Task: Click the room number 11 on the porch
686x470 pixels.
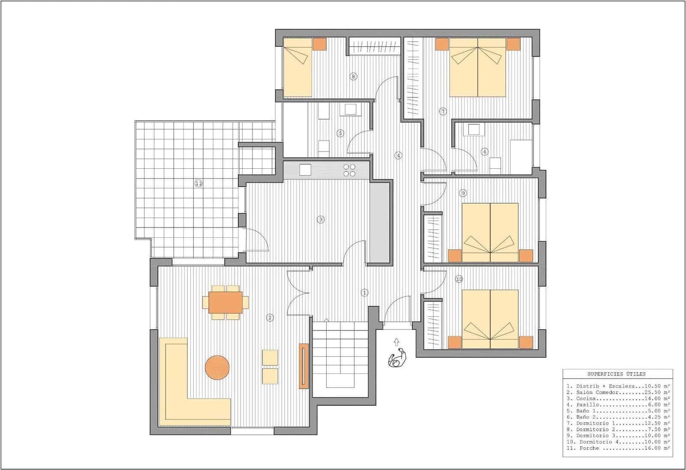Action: (199, 183)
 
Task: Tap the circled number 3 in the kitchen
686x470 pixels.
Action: (321, 219)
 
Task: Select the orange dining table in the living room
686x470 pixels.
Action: (226, 303)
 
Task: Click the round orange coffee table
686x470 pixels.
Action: (217, 367)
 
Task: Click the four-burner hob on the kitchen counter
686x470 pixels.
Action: (349, 170)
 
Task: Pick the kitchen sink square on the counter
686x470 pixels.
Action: (305, 170)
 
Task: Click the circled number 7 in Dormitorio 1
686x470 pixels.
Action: (443, 112)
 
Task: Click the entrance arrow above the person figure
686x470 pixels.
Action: (396, 342)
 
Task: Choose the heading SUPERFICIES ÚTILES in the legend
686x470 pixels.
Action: (617, 374)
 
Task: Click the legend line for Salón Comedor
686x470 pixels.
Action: (618, 392)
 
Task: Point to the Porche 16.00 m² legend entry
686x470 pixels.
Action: (618, 448)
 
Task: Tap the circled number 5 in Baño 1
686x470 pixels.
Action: (340, 133)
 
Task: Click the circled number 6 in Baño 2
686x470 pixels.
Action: (485, 152)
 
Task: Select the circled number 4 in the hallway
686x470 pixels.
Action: (399, 155)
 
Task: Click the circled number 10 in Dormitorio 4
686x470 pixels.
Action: (459, 279)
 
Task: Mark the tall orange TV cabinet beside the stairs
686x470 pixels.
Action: (304, 366)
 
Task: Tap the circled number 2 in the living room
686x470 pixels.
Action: (270, 318)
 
